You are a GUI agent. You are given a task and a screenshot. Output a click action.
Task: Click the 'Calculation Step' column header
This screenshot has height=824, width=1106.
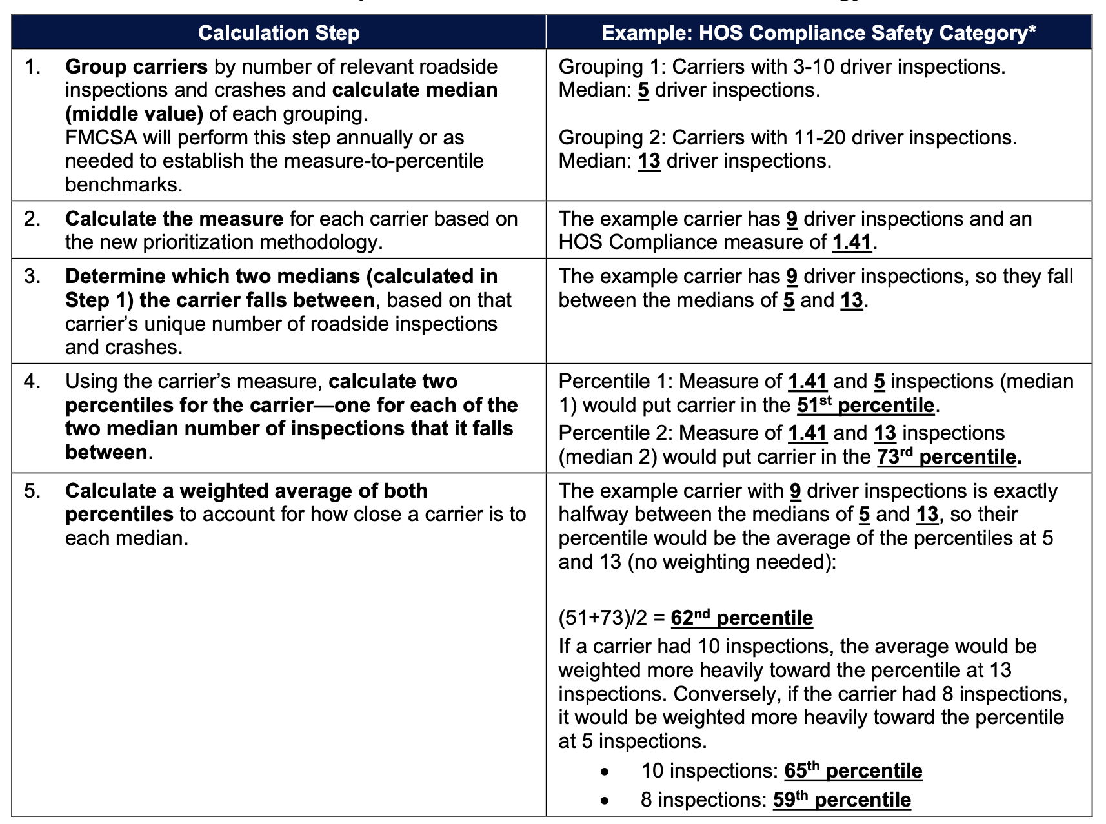click(x=279, y=33)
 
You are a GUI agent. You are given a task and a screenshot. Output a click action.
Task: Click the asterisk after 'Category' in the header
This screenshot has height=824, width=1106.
click(x=1032, y=30)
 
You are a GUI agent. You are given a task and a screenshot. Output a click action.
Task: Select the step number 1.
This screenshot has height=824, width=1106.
click(x=31, y=67)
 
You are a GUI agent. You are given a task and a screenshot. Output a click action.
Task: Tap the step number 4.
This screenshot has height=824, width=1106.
click(x=31, y=382)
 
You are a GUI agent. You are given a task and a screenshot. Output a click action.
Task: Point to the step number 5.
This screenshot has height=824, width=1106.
click(x=31, y=491)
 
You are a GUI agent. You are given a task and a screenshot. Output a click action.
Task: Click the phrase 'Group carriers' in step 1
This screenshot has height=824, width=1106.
click(x=136, y=67)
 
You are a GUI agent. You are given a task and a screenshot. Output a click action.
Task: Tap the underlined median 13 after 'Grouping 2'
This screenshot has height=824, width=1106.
click(x=649, y=161)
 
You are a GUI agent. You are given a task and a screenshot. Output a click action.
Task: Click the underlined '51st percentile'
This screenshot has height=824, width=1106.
click(x=865, y=406)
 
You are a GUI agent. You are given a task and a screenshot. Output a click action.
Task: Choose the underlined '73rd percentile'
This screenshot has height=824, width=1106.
click(x=947, y=457)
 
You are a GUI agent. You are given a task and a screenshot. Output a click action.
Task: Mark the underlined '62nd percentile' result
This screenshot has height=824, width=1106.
click(x=741, y=618)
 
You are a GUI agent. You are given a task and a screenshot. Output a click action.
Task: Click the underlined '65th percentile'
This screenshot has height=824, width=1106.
click(x=853, y=771)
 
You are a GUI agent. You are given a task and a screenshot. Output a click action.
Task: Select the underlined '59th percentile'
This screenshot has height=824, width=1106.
click(x=841, y=800)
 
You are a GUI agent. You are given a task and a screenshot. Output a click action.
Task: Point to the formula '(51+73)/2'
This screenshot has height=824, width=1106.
click(x=603, y=618)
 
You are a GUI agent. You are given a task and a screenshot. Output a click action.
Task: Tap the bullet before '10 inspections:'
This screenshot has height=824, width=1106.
click(x=604, y=772)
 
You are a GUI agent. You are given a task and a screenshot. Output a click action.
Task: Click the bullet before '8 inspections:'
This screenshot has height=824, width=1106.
click(x=604, y=801)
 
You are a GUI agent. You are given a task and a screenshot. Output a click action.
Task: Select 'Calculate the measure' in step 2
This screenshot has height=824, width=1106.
click(x=174, y=219)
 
